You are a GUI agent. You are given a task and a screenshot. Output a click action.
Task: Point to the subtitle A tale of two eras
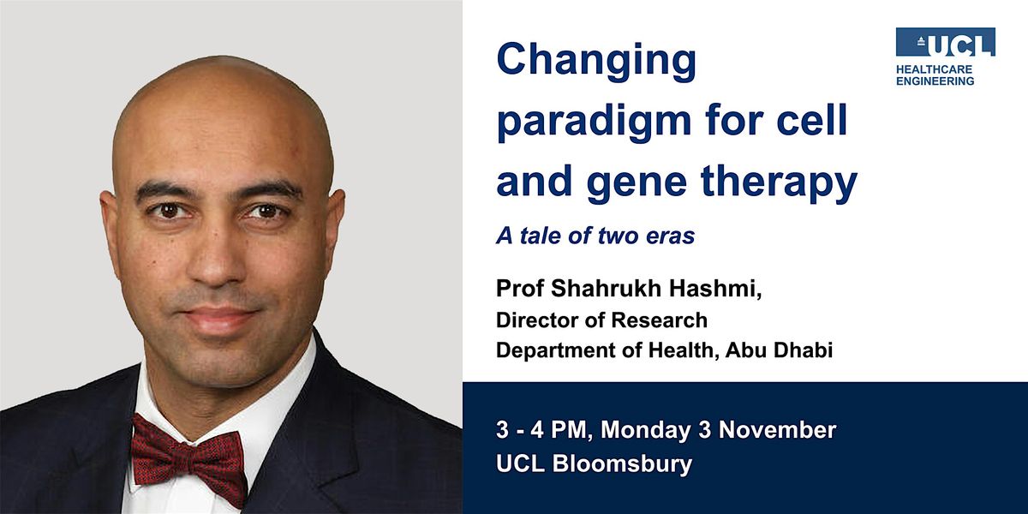pos(595,236)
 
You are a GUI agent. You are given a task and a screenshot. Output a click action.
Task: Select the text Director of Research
pos(601,320)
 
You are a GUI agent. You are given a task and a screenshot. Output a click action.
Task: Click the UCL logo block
pos(945,42)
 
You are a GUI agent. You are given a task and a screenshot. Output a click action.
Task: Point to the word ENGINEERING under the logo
pos(935,81)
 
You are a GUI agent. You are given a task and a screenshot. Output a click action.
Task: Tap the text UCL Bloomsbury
pos(594,465)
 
